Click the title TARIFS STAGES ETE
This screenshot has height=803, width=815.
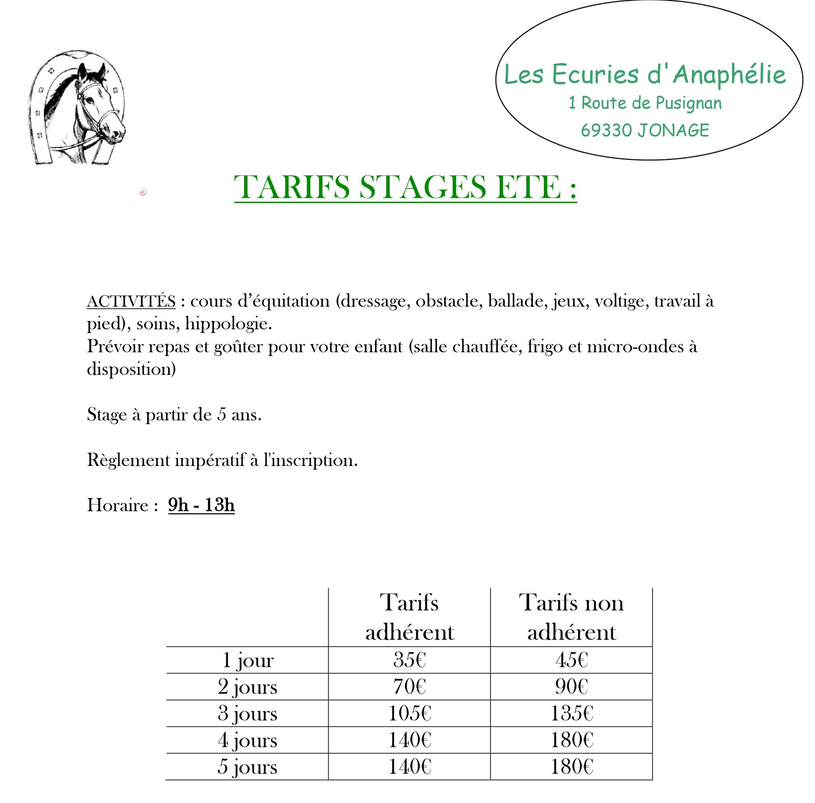(x=405, y=187)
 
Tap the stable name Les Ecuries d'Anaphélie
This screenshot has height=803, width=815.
(x=644, y=74)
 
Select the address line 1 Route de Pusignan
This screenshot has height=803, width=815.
(x=645, y=103)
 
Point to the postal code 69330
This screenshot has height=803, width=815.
(x=606, y=130)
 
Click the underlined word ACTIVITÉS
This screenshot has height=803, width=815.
(x=131, y=301)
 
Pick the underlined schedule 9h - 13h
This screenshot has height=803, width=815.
(x=201, y=505)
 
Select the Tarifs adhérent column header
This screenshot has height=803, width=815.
(x=409, y=617)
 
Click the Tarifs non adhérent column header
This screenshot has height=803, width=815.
(x=571, y=617)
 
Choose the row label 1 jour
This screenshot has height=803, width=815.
(x=248, y=660)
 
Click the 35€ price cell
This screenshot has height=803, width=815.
(x=409, y=660)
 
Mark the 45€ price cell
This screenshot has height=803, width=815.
(x=571, y=660)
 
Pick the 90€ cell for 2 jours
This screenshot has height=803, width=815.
(x=571, y=687)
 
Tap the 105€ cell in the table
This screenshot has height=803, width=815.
(x=409, y=713)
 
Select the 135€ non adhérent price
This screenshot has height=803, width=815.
(x=571, y=713)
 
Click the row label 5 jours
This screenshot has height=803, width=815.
(x=248, y=767)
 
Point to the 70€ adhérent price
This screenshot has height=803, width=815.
(x=409, y=687)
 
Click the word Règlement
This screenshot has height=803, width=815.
(x=128, y=460)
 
